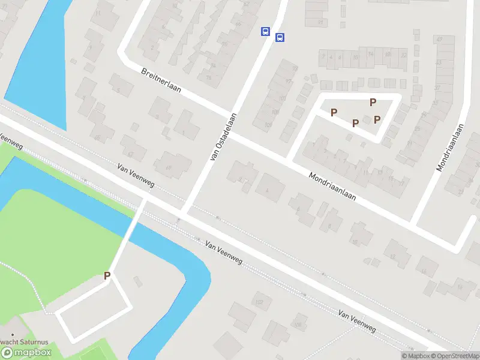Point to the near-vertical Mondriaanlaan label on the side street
(451, 148)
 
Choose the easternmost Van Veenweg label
(356, 321)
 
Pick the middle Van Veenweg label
(223, 253)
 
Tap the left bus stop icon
(265, 31)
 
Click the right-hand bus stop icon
(279, 37)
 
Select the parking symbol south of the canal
(107, 276)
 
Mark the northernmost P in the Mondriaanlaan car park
(373, 102)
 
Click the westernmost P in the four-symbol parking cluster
(334, 112)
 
